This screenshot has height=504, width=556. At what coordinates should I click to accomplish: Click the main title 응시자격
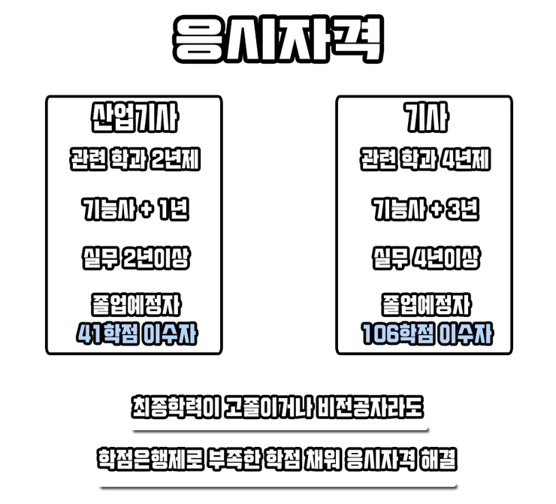277,38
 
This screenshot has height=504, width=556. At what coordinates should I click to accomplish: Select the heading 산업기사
134,119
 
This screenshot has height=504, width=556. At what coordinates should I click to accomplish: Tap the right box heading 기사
424,119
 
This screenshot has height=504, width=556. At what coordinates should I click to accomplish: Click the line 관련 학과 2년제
134,161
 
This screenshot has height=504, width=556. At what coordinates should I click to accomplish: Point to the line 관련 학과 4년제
425,161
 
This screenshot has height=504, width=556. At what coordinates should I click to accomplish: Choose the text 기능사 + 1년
134,210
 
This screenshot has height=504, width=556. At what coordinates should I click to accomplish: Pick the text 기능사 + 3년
425,210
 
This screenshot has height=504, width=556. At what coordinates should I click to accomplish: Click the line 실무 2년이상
134,258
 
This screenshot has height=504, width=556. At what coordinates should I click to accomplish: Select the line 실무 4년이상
425,258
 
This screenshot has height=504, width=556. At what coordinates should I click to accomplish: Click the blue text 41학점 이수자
134,333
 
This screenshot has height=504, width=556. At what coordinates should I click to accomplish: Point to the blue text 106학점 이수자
425,333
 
